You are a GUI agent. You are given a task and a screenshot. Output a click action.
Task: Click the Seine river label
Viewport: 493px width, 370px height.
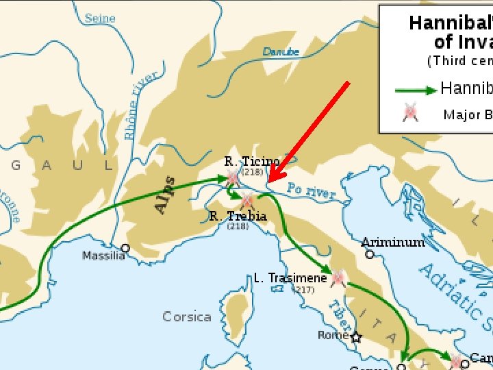point(100,18)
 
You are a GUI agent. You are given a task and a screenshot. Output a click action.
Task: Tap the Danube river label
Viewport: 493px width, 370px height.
point(281,51)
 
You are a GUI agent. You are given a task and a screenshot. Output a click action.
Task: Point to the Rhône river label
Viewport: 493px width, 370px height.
point(141,106)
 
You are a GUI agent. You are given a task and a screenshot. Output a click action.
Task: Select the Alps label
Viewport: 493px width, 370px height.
point(164,195)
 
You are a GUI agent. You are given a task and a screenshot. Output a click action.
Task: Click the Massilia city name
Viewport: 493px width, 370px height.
point(103,256)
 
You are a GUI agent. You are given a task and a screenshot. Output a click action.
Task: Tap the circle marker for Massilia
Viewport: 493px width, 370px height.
point(125,248)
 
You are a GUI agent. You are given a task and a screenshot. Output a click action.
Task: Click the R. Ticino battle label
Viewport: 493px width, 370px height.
point(252,162)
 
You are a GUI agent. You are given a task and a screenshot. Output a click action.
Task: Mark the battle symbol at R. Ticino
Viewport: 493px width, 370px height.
point(233,180)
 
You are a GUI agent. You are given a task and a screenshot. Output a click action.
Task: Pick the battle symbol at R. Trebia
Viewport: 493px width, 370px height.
point(247,201)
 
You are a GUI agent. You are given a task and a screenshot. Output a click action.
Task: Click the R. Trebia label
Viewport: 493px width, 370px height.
point(238,217)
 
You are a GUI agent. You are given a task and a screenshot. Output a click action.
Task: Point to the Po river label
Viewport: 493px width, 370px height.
point(312,191)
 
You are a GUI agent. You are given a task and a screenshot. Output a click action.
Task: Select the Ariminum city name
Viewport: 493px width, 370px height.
point(393,242)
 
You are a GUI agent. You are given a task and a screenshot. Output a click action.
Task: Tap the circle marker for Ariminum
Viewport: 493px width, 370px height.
point(370,254)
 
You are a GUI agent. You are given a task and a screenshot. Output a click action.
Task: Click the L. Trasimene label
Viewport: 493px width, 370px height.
point(290,278)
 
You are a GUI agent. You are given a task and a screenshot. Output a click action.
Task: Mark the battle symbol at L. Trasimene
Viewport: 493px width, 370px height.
point(337,277)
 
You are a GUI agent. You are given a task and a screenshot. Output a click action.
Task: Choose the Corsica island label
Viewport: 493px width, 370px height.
point(187,317)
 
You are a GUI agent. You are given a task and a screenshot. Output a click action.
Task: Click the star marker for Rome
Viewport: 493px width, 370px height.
point(356,337)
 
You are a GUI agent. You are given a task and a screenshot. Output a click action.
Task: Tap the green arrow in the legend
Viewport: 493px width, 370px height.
point(416,90)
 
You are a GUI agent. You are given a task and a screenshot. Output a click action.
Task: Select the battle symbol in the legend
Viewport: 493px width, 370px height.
point(411,113)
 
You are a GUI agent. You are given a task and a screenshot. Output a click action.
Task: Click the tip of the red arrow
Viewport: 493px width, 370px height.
point(268,182)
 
